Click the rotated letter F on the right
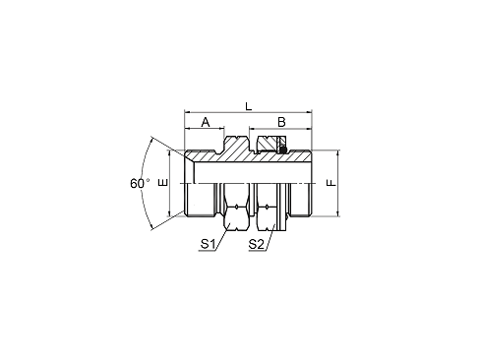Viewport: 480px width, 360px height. coord(332,183)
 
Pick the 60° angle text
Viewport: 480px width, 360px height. coord(139,183)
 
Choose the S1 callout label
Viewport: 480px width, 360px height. coord(208,242)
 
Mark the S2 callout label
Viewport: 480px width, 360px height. coord(255,242)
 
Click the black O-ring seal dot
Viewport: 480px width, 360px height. coord(283,150)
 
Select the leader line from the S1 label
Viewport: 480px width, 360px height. coord(222,233)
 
